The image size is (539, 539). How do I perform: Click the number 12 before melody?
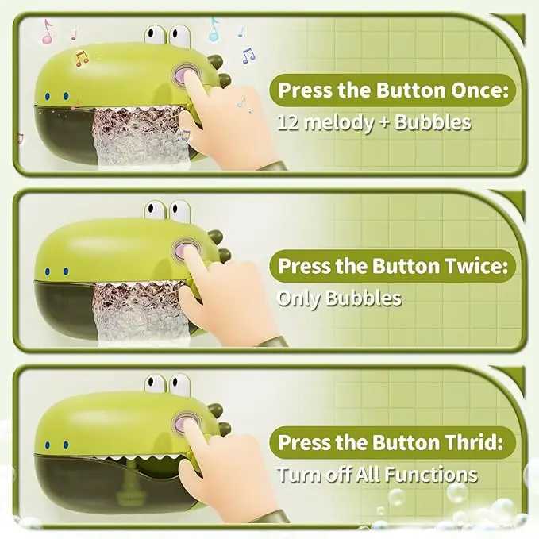click(x=287, y=123)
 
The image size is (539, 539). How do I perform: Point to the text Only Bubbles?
click(x=339, y=299)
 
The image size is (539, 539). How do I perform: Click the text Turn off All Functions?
click(x=377, y=475)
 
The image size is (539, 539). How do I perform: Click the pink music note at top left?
click(x=47, y=32)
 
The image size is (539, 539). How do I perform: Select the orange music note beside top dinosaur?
click(x=80, y=57)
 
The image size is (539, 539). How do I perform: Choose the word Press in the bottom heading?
click(x=305, y=443)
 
